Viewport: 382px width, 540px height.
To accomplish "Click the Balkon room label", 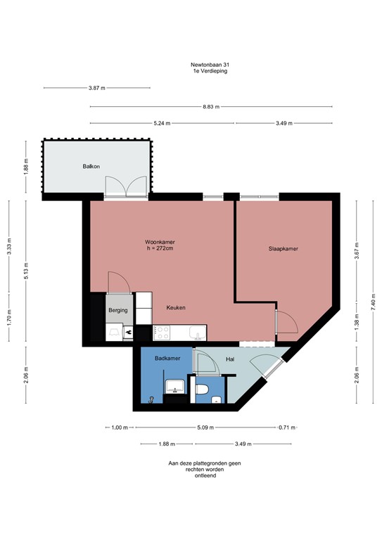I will (x=91, y=166).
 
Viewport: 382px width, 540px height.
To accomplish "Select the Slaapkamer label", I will (x=284, y=249).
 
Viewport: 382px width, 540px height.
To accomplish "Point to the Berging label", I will (x=117, y=310).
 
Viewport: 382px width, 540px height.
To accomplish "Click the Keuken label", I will (x=176, y=308).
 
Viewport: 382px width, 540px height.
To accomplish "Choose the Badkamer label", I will (x=167, y=359).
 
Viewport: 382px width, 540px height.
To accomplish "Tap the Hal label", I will (x=229, y=359).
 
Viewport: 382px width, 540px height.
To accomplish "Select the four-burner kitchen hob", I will (x=163, y=330).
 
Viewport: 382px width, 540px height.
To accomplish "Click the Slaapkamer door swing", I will (x=286, y=321).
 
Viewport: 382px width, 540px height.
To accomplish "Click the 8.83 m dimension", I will (x=211, y=107).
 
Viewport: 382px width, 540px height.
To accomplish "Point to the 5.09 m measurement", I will (x=205, y=427).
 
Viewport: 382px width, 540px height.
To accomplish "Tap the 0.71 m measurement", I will (x=286, y=427).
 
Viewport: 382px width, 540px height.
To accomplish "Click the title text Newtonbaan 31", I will (x=210, y=65).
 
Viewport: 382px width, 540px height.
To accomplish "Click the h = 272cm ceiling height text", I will (x=160, y=248).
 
